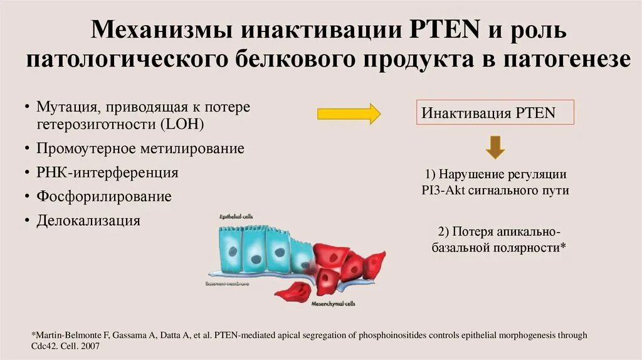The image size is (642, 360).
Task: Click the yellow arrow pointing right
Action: coord(349,114)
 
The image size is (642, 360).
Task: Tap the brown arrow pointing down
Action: coord(495,147)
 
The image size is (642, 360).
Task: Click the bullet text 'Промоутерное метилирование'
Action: coord(140,149)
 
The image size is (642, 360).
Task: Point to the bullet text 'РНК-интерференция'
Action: coord(107,172)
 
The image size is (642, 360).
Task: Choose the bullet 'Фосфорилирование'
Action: coord(104,196)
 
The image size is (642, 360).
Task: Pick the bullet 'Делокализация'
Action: coord(88,220)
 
